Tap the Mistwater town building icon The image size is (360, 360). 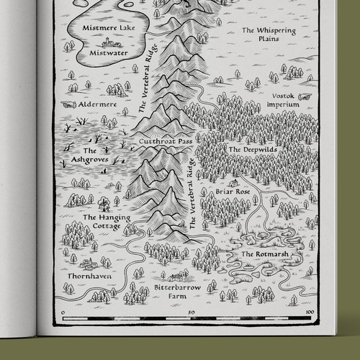(x=107, y=42)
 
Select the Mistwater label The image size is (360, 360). (x=109, y=53)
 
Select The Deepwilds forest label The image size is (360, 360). (x=247, y=149)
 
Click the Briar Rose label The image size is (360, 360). (x=231, y=193)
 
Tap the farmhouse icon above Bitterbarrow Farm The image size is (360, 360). (x=175, y=276)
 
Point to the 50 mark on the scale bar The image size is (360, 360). (x=190, y=312)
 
